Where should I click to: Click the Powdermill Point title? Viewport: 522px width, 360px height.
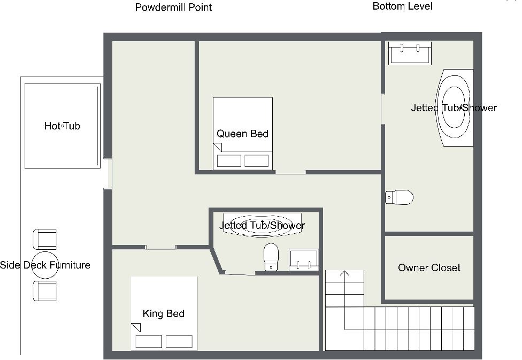point(173,7)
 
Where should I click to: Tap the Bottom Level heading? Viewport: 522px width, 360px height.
point(403,6)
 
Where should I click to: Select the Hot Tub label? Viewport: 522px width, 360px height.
point(62,126)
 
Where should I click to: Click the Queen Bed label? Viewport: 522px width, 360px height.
point(242,134)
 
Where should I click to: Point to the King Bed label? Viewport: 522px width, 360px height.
point(164,313)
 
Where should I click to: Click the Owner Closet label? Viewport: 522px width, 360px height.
point(429,268)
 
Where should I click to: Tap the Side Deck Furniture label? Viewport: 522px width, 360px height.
point(45,265)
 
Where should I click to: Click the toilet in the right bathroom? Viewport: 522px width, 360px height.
point(399,197)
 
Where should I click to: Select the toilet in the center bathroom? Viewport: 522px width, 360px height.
point(271,257)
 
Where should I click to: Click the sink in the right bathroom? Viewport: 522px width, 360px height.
point(410,52)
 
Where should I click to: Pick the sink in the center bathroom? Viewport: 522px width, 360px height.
point(303,259)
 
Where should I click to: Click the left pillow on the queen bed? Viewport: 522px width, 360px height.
point(229,161)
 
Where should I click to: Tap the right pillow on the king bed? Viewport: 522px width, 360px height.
point(179,342)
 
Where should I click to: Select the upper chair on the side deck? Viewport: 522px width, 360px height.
point(44,239)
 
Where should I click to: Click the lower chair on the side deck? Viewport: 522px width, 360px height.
point(44,291)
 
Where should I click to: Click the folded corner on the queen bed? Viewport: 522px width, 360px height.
point(218,147)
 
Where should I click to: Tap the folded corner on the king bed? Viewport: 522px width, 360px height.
point(136,327)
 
